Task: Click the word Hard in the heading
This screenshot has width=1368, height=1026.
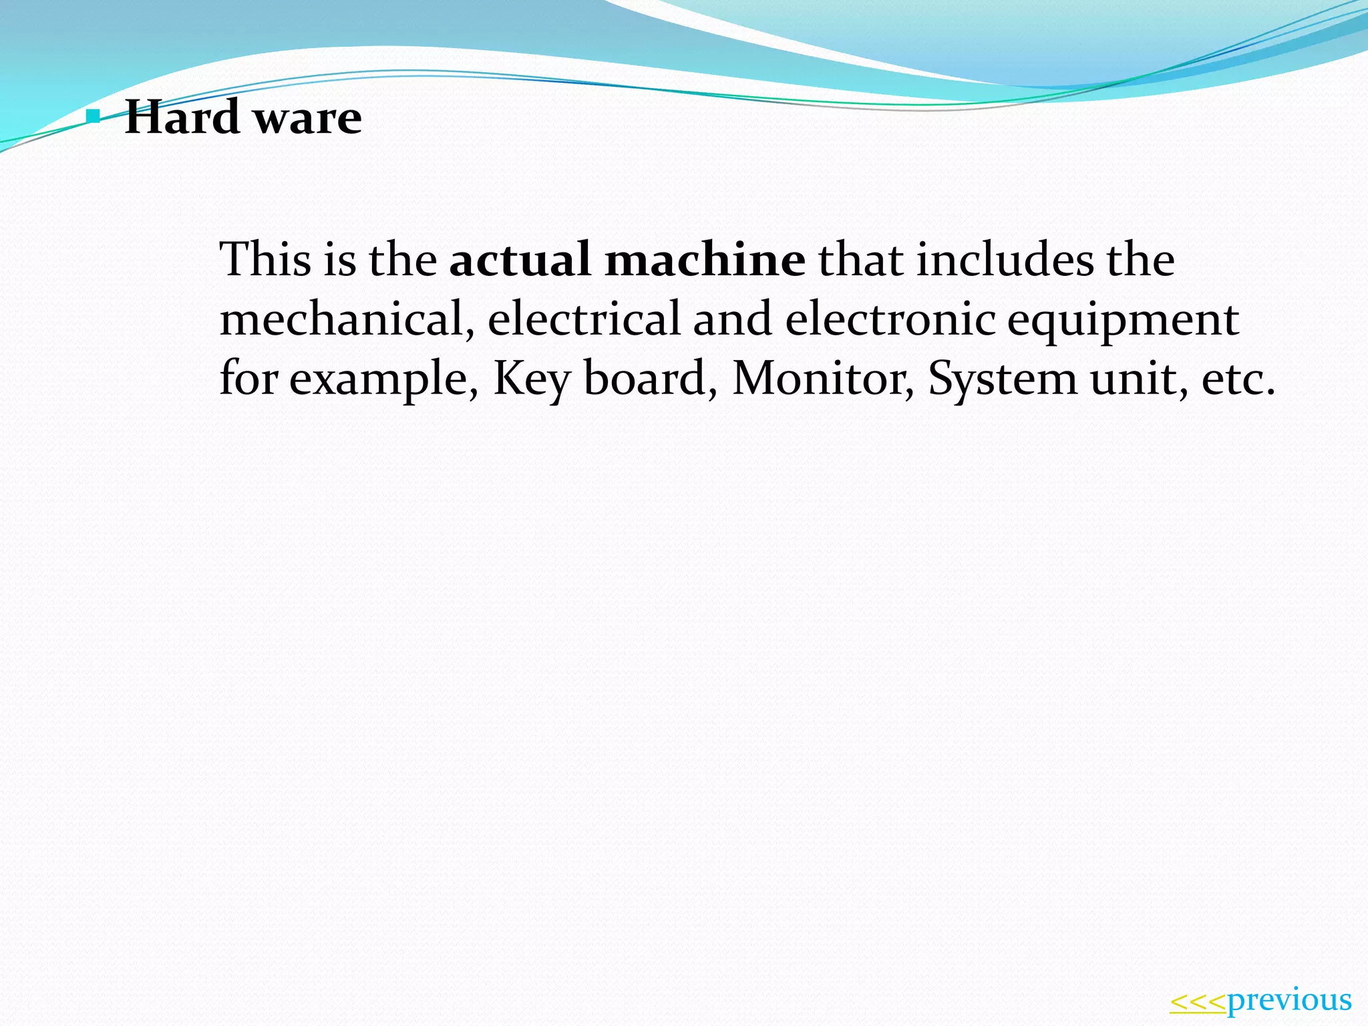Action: [182, 117]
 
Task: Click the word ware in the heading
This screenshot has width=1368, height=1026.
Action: [308, 118]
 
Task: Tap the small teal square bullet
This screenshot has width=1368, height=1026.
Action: [94, 118]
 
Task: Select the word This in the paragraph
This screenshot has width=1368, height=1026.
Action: [265, 259]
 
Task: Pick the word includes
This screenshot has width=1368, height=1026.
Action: [1005, 259]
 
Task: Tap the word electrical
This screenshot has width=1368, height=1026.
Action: [584, 319]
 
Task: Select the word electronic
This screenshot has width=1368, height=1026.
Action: [890, 319]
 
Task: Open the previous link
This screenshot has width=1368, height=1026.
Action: [1289, 1001]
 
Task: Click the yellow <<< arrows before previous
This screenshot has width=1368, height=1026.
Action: [1198, 1002]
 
